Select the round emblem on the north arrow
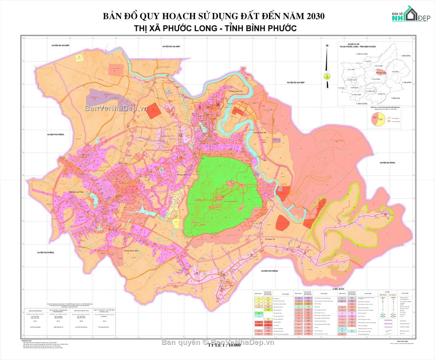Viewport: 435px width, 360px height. [327, 76]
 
